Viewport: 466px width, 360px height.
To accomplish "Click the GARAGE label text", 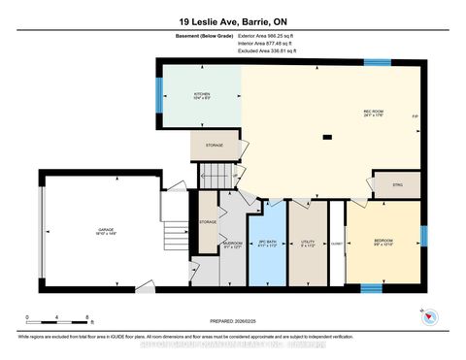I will [106, 233].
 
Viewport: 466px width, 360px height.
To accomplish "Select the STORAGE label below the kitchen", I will [214, 146].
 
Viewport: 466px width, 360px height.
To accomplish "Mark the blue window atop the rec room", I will [377, 64].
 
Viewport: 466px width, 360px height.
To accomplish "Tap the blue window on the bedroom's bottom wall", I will [370, 287].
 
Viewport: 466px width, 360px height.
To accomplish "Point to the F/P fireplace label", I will [415, 116].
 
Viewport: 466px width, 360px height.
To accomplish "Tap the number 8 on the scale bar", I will [88, 317].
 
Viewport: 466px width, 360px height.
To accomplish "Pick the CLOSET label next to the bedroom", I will [336, 245].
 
